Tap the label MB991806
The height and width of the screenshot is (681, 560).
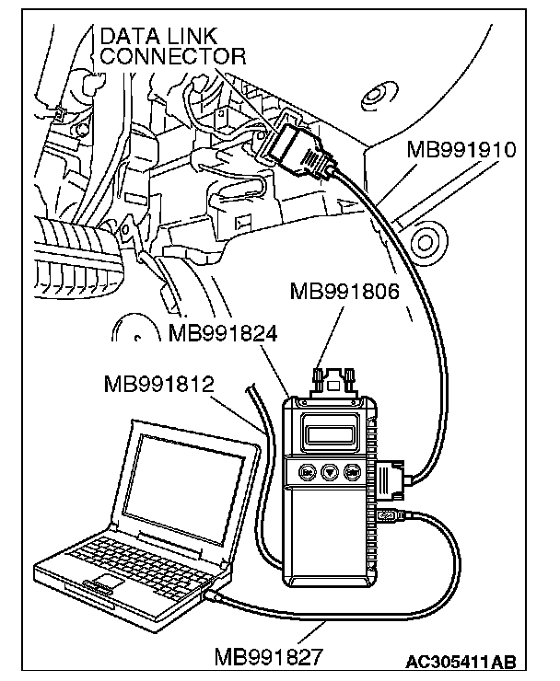344,293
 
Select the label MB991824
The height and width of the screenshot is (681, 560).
223,332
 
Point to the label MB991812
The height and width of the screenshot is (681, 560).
159,381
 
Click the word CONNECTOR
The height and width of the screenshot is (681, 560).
173,57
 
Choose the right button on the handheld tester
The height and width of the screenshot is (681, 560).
353,472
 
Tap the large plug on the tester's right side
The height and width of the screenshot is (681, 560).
391,479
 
